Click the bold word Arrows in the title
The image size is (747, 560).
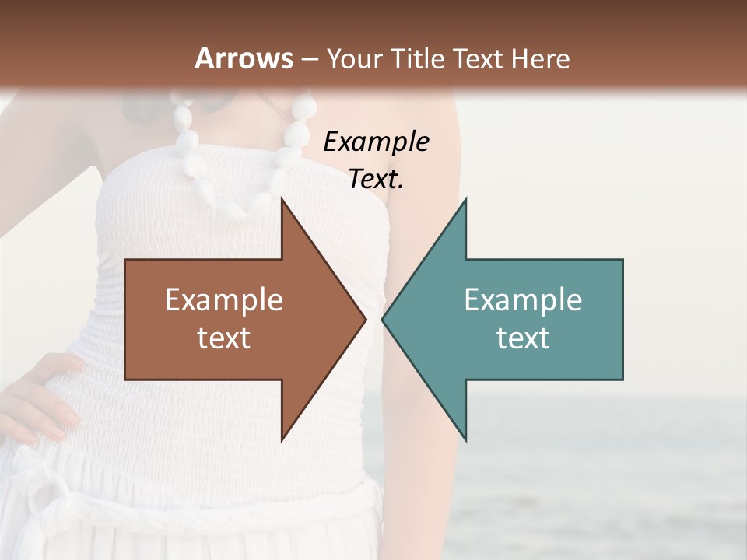[x=244, y=58]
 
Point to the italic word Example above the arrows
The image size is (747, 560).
[x=376, y=142]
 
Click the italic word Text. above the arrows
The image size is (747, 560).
[x=376, y=180]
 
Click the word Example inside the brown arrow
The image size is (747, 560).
[x=224, y=300]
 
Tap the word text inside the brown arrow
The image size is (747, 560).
[x=224, y=338]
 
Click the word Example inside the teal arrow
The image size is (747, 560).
[x=523, y=300]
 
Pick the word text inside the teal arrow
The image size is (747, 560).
[x=523, y=338]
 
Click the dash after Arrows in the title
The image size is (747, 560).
[x=309, y=59]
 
